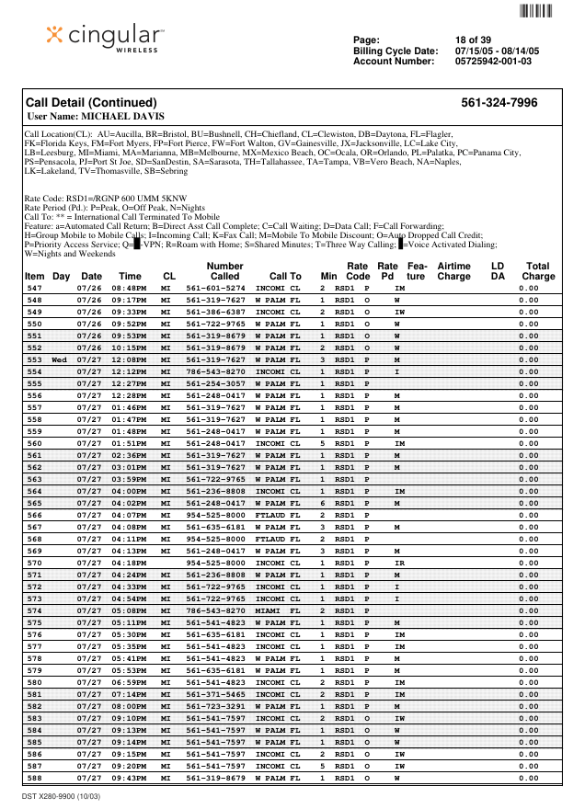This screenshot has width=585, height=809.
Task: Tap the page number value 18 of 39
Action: tap(474, 40)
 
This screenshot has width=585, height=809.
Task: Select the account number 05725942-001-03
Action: tap(493, 62)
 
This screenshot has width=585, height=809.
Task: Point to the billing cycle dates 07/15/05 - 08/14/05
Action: tap(497, 51)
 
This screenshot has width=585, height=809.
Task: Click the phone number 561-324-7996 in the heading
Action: tap(499, 103)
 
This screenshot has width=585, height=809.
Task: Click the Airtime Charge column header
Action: tap(453, 270)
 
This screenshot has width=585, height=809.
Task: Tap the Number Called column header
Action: tap(224, 270)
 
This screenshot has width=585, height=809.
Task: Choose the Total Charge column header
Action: tap(537, 270)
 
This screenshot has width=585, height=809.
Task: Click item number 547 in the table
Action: tap(34, 289)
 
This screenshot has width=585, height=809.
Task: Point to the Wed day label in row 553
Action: tap(61, 359)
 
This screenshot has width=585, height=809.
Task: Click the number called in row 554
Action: tap(215, 371)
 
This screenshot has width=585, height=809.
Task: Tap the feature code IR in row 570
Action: tap(399, 562)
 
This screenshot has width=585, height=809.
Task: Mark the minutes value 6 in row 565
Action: tap(323, 503)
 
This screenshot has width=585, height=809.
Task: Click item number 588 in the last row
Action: tap(34, 778)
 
